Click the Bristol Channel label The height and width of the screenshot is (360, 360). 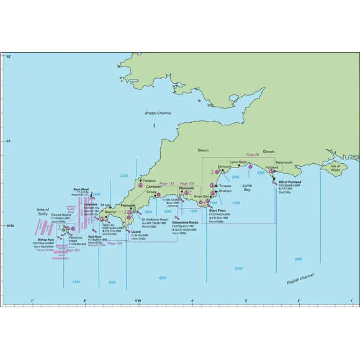[x=160, y=113]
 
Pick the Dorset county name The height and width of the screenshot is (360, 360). [x=269, y=151]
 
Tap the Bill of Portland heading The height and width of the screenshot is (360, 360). [x=290, y=182]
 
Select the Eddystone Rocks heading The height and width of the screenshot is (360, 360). [x=186, y=222]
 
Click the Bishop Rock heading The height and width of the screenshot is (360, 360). [x=47, y=239]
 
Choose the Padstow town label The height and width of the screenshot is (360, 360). [x=150, y=180]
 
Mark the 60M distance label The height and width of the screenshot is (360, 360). [x=163, y=277]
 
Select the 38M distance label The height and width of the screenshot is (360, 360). [x=298, y=259]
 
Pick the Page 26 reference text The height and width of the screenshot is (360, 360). [x=252, y=155]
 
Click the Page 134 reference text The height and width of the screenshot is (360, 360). [x=167, y=184]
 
